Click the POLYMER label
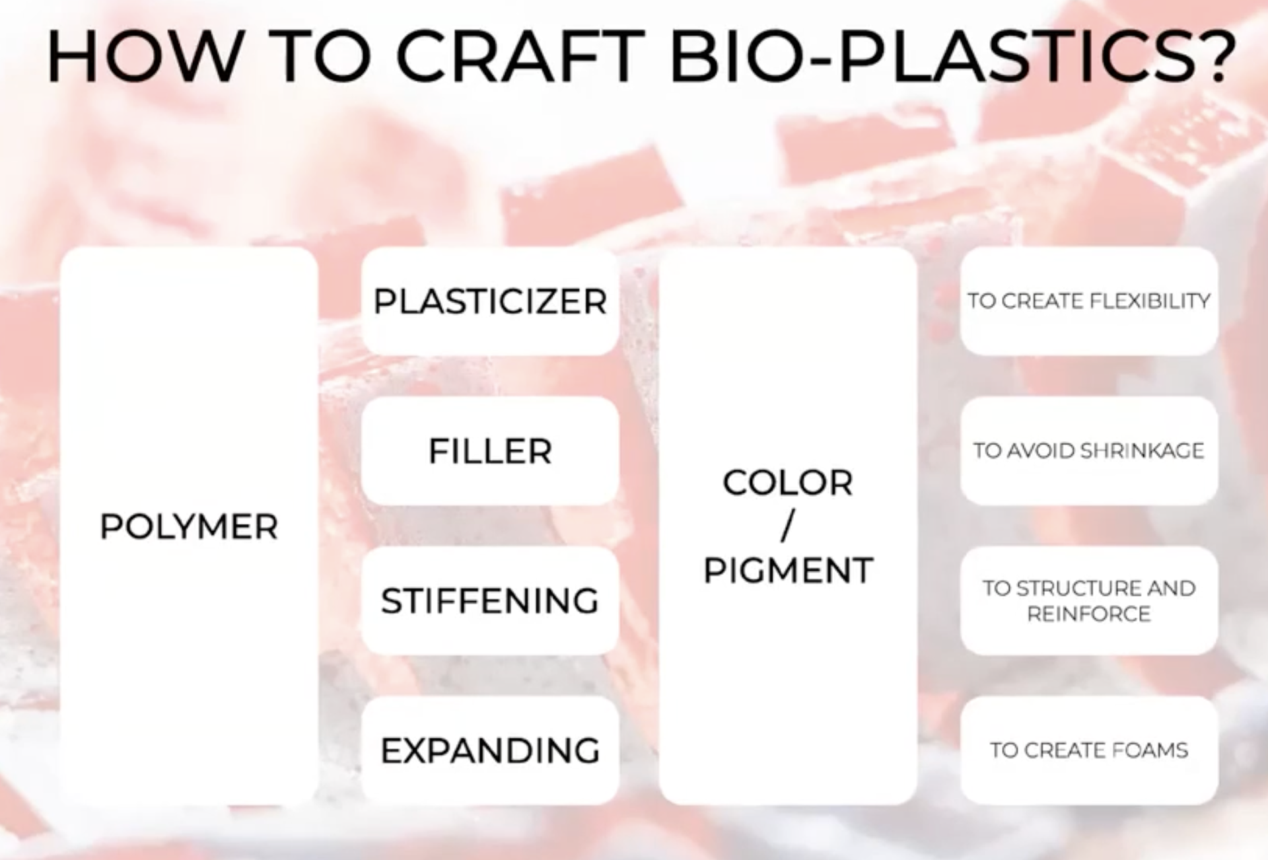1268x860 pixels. pyautogui.click(x=189, y=526)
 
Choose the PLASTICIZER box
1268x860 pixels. pyautogui.click(x=490, y=301)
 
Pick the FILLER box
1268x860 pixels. pyautogui.click(x=490, y=451)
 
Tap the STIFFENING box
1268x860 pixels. pyautogui.click(x=490, y=600)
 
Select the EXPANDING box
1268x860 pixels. pyautogui.click(x=490, y=750)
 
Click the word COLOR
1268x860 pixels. pyautogui.click(x=788, y=482)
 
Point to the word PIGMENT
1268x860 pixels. pyautogui.click(x=788, y=570)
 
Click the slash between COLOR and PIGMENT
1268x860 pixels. pyautogui.click(x=787, y=526)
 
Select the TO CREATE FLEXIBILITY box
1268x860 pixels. pyautogui.click(x=1089, y=301)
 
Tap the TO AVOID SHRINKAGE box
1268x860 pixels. pyautogui.click(x=1089, y=451)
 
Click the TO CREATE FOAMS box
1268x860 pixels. pyautogui.click(x=1089, y=750)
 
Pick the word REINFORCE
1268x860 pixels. pyautogui.click(x=1089, y=614)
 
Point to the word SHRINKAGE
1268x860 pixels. pyautogui.click(x=1142, y=450)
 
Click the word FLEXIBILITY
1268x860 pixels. pyautogui.click(x=1150, y=301)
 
